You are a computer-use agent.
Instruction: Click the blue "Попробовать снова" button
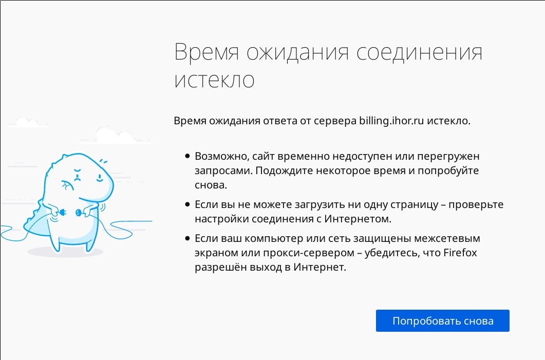pos(442,321)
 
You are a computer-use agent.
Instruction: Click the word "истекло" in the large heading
pos(214,80)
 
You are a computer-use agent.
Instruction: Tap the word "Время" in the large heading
pos(207,52)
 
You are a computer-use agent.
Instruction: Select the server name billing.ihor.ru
pos(391,121)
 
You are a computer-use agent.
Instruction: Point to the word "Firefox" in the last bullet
pos(460,253)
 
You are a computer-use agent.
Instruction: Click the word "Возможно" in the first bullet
pos(221,156)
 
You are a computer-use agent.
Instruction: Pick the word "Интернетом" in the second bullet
pos(358,219)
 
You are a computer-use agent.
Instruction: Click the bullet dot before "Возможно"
pos(187,156)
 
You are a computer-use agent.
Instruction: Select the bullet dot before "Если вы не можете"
pos(187,204)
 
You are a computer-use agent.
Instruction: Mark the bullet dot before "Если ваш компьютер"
pos(187,238)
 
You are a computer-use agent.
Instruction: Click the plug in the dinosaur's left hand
pos(62,212)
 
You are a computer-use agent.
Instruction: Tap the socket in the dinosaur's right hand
pos(79,212)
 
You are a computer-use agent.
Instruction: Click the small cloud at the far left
pos(27,122)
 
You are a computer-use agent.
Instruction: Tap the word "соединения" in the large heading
pos(419,52)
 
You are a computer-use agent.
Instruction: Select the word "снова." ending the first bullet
pos(211,185)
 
